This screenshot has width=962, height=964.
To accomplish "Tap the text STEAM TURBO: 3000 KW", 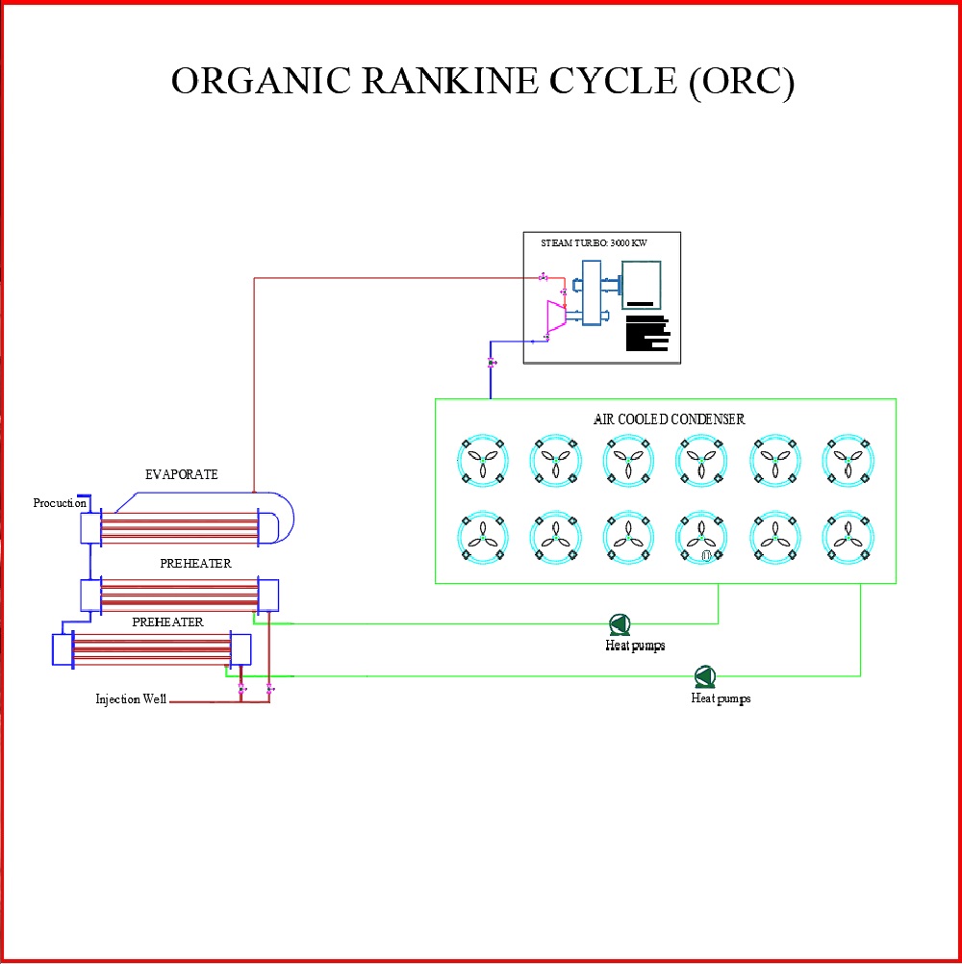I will (x=595, y=242).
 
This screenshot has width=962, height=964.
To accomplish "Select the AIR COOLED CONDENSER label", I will (x=669, y=419).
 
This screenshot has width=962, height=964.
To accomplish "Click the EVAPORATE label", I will (x=182, y=474).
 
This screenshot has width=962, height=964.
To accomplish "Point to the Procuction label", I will (x=60, y=503).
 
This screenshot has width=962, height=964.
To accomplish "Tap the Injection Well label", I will (x=131, y=698).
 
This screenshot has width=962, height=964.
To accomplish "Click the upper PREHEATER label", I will (x=195, y=563).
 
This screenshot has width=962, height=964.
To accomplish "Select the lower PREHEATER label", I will (x=167, y=622).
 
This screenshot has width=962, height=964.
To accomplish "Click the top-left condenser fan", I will (x=483, y=460).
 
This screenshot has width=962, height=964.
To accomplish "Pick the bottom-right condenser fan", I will (x=848, y=536).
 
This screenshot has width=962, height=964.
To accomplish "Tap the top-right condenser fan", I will (x=848, y=460).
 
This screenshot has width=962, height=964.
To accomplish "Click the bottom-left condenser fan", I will (x=483, y=536).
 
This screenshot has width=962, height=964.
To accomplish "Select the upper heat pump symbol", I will (x=619, y=623).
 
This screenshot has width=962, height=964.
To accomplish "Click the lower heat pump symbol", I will (x=704, y=676).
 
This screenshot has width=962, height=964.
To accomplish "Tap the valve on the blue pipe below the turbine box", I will (x=492, y=363).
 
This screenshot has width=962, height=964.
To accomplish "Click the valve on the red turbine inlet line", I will (x=544, y=278).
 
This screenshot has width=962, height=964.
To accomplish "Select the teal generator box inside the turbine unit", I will (x=641, y=286).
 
